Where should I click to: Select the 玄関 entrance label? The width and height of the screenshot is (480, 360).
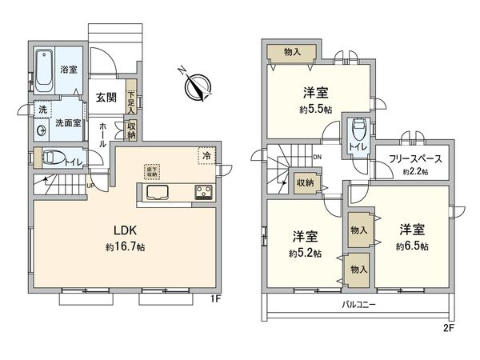(106, 98)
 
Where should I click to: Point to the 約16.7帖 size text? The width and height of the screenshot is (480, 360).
(124, 247)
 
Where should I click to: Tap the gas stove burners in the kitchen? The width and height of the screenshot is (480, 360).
(202, 192)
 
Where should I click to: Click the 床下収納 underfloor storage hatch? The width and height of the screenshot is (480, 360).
(152, 170)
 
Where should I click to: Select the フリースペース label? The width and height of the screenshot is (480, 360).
(415, 158)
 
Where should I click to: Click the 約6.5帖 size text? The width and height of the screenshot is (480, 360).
(411, 246)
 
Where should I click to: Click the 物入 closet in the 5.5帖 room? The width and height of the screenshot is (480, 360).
(293, 53)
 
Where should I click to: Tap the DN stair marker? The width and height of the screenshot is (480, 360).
(318, 157)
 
